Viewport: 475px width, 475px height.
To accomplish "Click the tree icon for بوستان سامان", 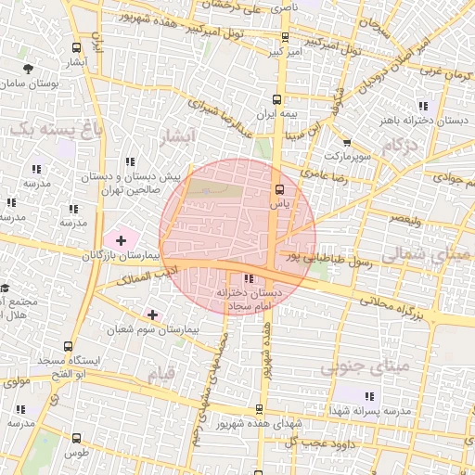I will pos(28,69).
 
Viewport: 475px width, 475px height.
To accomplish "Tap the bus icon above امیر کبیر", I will pos(284,38).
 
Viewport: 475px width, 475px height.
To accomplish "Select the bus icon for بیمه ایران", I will pos(276,98).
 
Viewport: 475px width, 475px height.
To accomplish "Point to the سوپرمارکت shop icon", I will pos(347,143).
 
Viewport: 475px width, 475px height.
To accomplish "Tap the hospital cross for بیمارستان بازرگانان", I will pos(121,240).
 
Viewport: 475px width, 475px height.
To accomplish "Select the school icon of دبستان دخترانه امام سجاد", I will pos(248,278).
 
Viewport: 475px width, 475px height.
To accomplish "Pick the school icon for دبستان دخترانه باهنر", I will pos(423,106).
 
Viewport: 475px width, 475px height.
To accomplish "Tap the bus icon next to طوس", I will pos(75,438).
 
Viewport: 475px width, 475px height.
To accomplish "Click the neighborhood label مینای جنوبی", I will pos(365,367).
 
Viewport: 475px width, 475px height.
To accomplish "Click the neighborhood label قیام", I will pos(160,374).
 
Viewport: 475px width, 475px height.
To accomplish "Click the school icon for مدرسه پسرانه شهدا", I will pos(342,395).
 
